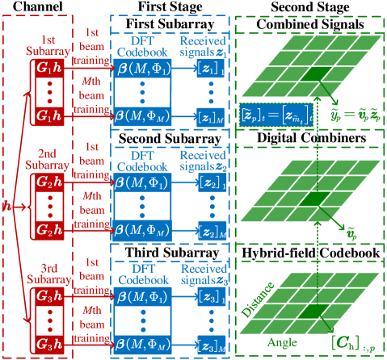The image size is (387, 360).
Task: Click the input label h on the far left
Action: tap(6, 207)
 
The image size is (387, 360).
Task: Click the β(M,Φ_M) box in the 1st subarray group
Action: tap(145, 117)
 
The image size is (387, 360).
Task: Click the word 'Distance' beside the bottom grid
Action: tap(256, 305)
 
